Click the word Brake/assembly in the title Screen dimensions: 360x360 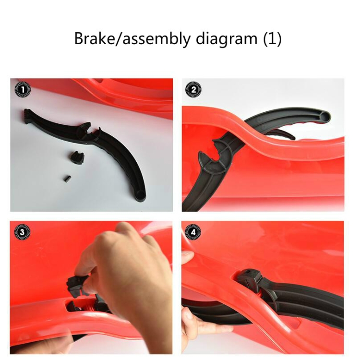coord(132,38)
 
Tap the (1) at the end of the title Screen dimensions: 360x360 coord(272,38)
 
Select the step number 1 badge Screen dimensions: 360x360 coord(23,90)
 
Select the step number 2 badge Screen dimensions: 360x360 coord(193,90)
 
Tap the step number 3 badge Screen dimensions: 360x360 coord(22,232)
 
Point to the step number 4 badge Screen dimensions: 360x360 coord(193,232)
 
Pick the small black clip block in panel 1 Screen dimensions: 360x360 coord(76,158)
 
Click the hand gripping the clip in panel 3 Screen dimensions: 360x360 coord(129,271)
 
